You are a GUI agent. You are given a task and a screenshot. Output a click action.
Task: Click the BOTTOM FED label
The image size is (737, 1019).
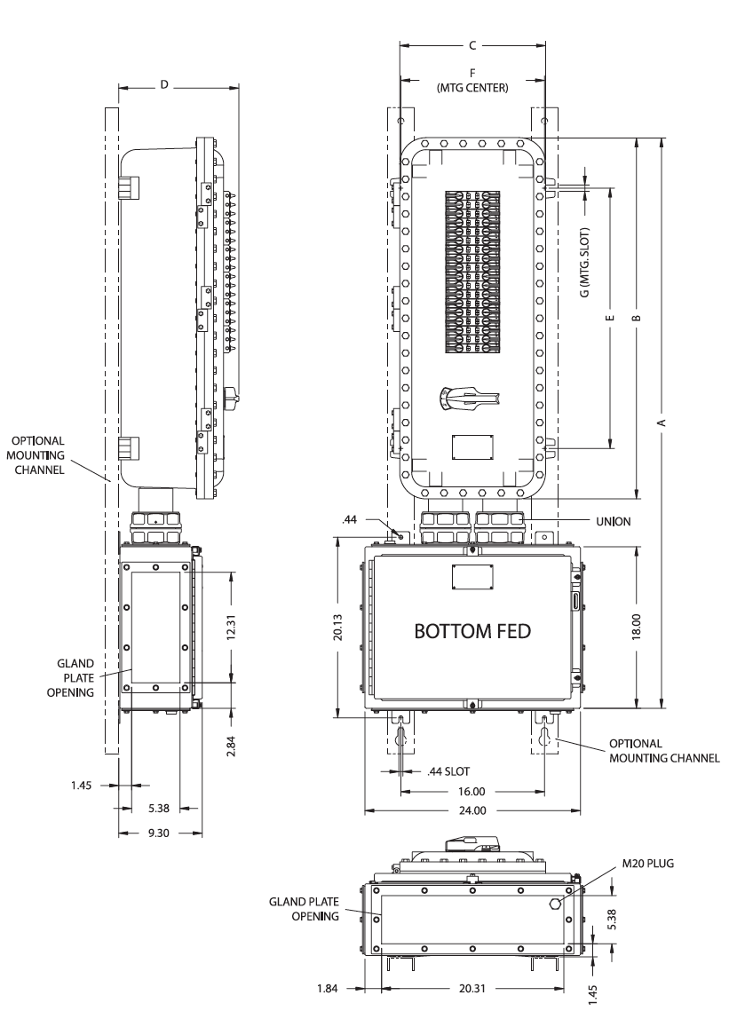click(472, 631)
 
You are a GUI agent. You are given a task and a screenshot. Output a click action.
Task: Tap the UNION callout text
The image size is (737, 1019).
click(613, 521)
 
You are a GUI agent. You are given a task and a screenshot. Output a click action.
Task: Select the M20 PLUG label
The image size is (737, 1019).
click(648, 864)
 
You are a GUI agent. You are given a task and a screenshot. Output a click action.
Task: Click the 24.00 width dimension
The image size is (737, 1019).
click(472, 810)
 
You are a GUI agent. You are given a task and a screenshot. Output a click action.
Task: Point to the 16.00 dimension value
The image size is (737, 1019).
click(472, 792)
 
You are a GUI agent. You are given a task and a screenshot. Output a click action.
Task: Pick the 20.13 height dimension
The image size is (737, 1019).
click(338, 628)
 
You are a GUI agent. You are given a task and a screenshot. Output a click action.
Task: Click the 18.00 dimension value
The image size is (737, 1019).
click(637, 627)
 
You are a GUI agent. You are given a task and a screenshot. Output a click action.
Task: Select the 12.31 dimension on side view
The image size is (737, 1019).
click(232, 628)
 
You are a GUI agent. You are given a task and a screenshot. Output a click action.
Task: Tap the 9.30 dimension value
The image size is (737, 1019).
click(159, 833)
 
